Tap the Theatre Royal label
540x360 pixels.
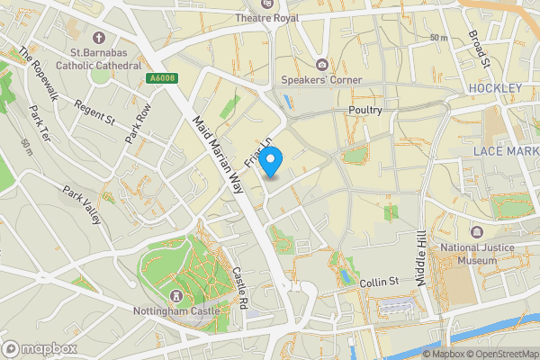click(266, 18)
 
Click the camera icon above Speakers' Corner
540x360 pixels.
click(321, 64)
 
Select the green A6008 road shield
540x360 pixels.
click(162, 79)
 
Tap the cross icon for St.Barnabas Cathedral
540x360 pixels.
click(98, 40)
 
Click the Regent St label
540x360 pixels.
click(98, 112)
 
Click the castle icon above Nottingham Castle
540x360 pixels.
click(175, 296)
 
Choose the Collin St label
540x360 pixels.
click(379, 282)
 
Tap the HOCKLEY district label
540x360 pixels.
click(495, 88)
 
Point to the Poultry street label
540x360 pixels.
click(364, 110)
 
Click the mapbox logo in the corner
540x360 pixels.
click(40, 347)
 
